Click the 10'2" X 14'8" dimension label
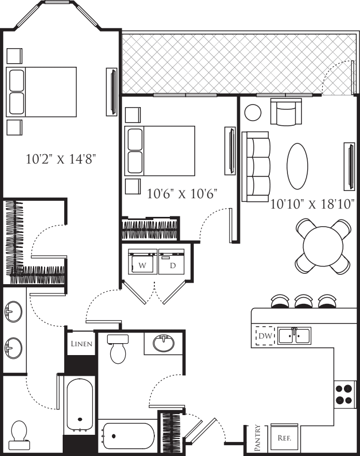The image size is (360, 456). coord(61,159)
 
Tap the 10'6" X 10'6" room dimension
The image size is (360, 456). coord(182,194)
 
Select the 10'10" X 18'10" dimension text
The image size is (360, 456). coord(312,204)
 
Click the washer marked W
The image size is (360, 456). coord(142,262)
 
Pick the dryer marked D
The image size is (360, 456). coord(171,262)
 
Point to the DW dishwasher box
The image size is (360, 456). coord(265,336)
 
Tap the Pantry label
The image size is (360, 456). coord(258,438)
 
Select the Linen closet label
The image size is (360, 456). coord(81,344)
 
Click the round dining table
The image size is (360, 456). coord(323,246)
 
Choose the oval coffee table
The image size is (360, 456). coord(297,166)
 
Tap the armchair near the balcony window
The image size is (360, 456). coord(286,112)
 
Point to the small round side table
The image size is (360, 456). coord(253,112)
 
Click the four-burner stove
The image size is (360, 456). coord(344,394)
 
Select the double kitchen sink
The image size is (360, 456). coord(294,336)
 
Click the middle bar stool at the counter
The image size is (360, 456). coord(304,301)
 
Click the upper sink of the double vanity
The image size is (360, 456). coord(13,312)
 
